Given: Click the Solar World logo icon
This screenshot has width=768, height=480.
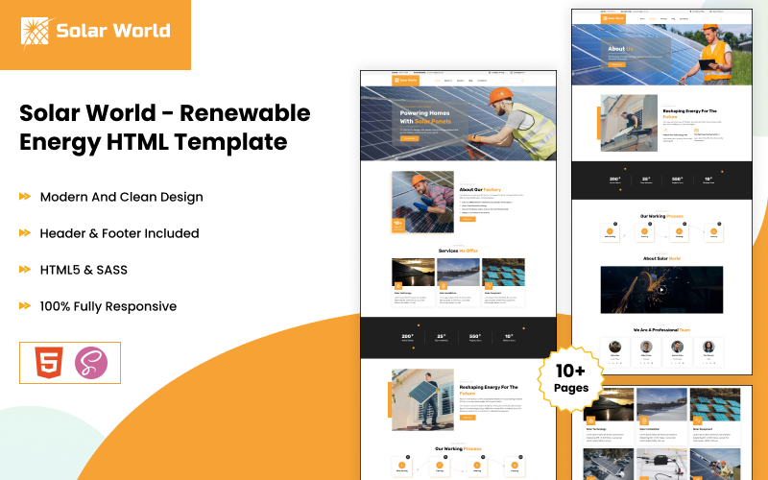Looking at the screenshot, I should tap(36, 31).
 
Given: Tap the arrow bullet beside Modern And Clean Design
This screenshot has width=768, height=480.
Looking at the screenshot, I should tap(25, 197).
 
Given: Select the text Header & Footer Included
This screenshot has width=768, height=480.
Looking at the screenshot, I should tap(119, 233).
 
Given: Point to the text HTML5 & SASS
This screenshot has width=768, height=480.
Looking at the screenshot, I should tap(84, 270).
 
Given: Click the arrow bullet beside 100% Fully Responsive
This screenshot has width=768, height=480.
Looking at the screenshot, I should tap(25, 306).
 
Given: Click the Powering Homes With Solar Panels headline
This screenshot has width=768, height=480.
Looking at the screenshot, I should tap(425, 117).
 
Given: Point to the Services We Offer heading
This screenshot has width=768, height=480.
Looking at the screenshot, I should tap(458, 251).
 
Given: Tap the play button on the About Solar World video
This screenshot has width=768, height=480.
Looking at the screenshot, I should tap(661, 289).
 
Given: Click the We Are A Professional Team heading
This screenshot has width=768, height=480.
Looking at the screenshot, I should tap(661, 329).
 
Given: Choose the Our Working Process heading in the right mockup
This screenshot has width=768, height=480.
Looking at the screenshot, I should tap(661, 216).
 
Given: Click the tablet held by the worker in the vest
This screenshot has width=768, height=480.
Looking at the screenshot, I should tap(707, 64).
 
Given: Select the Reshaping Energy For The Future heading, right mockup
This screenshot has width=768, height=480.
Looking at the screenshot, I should tap(690, 114).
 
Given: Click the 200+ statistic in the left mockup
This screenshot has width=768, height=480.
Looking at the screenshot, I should tap(407, 336).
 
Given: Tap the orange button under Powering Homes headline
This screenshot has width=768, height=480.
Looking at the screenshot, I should tap(410, 138).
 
